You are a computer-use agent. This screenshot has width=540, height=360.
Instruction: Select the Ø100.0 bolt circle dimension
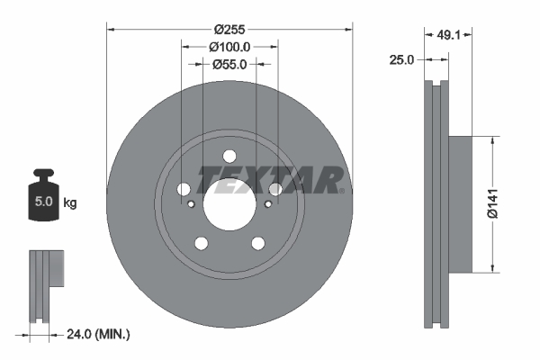230,46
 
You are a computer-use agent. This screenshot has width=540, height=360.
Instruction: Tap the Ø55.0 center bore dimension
230,64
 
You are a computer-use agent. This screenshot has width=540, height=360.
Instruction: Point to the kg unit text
69,203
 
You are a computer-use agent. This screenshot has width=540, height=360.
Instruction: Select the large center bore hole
229,202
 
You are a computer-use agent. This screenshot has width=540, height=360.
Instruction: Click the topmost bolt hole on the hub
229,155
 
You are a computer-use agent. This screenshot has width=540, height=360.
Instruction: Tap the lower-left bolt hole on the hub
202,242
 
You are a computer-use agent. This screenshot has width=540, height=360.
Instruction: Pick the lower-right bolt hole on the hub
257,242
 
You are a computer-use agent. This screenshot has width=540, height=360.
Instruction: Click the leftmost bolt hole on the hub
184,189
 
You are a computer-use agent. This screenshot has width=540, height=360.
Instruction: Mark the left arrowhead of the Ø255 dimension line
112,28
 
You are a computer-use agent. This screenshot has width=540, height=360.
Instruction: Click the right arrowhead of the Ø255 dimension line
348,28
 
